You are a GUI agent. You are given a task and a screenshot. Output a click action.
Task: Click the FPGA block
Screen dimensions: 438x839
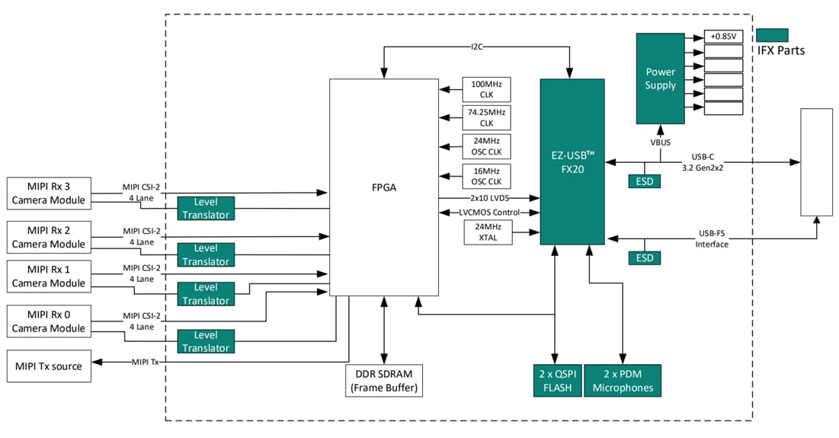click(383, 187)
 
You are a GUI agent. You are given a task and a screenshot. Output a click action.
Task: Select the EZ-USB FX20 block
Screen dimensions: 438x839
click(572, 161)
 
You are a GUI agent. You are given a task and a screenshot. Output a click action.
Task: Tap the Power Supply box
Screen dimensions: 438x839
click(660, 78)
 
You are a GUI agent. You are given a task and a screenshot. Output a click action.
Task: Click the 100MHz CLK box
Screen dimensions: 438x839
click(486, 89)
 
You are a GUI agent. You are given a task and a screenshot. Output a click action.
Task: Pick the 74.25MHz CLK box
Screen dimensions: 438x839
click(486, 118)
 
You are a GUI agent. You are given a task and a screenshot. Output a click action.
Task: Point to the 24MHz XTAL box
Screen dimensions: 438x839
click(486, 232)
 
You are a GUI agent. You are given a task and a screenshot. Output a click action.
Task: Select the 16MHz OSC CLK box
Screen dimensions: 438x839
click(486, 176)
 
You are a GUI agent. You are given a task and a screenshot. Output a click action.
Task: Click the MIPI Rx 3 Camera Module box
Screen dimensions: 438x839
click(48, 193)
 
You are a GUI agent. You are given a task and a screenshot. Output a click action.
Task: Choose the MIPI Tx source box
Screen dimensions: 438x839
click(48, 366)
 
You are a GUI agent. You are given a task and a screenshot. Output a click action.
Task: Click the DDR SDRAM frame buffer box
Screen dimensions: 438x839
click(383, 380)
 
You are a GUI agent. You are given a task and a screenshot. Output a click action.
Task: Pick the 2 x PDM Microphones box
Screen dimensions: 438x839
click(623, 380)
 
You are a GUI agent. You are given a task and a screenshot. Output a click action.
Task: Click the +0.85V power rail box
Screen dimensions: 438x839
click(723, 37)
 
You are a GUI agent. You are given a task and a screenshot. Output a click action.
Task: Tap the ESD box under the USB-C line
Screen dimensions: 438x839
click(645, 181)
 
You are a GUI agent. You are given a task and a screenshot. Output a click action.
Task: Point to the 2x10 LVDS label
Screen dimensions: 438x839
click(489, 198)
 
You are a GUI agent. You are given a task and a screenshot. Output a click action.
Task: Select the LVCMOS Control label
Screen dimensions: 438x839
click(489, 213)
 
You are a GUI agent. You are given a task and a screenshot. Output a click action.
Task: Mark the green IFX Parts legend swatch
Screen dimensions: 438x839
click(772, 35)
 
